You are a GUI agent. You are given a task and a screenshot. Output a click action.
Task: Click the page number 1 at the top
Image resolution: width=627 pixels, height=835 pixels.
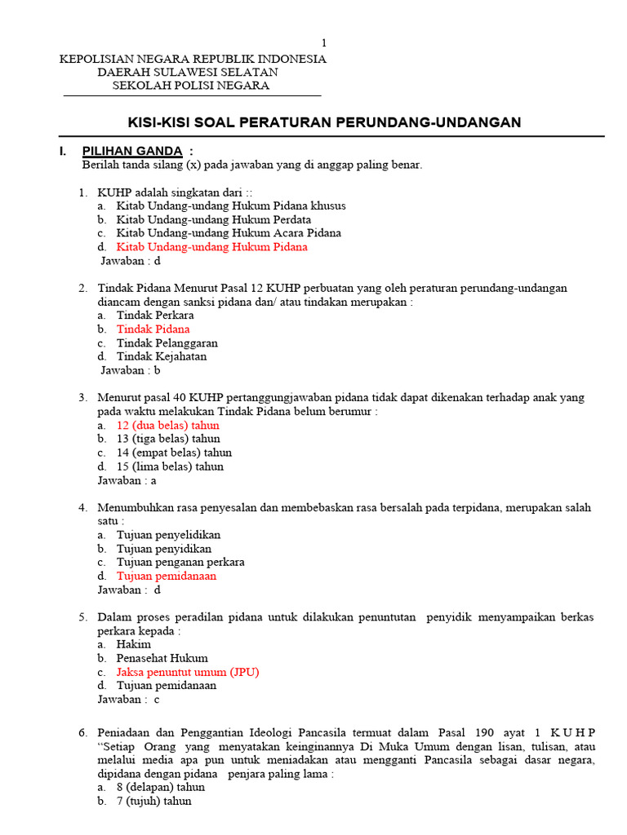pos(323,43)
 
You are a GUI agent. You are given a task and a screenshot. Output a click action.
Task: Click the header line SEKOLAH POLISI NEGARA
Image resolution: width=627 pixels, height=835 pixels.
pos(190,86)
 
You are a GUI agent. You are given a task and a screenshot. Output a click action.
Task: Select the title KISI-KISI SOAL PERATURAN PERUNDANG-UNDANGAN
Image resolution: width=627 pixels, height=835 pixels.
pos(324,122)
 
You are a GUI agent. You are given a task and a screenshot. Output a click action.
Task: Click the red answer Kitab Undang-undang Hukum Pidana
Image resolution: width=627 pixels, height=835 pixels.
pos(211,247)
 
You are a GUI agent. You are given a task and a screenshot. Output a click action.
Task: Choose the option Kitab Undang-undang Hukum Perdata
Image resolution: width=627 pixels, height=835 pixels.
pos(213,219)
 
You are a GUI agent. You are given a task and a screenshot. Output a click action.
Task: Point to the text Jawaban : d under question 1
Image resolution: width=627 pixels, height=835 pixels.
pos(131,261)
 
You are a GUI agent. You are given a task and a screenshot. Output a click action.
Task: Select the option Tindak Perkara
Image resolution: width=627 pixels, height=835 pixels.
pos(155,316)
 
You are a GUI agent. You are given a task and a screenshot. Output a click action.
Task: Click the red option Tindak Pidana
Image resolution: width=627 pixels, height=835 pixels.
pos(153,329)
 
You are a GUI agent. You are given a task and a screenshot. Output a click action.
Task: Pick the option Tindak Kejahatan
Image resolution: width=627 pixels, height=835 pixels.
pos(162,356)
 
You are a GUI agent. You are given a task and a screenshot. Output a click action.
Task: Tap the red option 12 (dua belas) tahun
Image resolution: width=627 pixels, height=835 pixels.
pos(167,426)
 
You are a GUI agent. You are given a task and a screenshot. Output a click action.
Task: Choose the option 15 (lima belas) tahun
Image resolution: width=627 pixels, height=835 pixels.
pos(170,466)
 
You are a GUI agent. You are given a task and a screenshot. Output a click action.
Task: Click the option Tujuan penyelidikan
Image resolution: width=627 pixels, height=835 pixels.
pos(168,535)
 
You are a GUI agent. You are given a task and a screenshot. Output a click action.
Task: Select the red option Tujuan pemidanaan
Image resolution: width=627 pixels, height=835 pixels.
pos(167,576)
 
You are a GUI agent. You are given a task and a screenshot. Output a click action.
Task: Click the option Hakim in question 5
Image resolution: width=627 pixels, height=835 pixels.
pos(134,644)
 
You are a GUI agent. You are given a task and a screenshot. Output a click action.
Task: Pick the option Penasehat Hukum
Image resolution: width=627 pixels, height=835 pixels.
pos(162,658)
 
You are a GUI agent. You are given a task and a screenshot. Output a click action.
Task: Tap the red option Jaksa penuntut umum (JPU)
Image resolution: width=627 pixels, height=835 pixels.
pos(188,672)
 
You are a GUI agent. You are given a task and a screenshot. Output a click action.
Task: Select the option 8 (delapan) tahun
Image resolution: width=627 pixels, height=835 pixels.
pos(161,788)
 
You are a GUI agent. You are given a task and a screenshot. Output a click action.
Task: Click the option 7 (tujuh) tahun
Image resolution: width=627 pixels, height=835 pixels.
pos(154,802)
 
